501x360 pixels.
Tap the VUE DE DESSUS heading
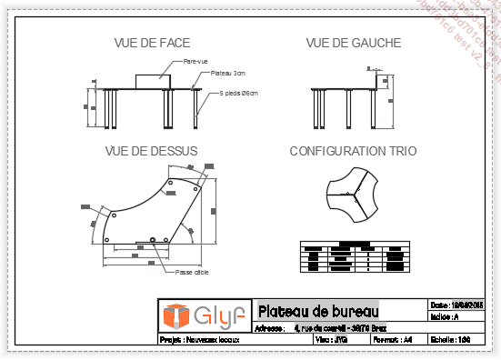tap(151, 151)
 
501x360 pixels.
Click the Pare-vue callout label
tap(196, 61)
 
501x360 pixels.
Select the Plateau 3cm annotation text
tap(227, 73)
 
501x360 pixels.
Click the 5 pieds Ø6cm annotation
tap(239, 93)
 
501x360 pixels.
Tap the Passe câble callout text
tap(192, 271)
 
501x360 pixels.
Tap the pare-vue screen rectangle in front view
tap(152, 80)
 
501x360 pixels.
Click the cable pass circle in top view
tap(153, 240)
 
